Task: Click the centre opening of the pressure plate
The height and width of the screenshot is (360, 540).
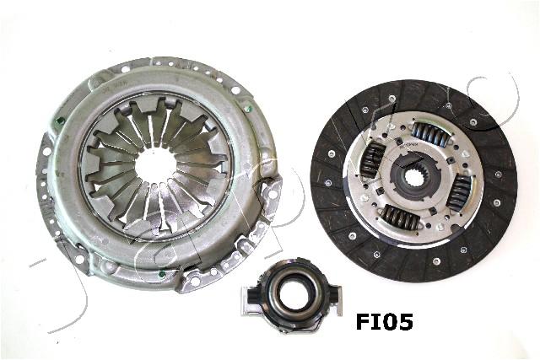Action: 155,164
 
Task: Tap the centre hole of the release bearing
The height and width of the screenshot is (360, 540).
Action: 292,289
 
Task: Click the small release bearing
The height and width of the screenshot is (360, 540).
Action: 292,290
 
